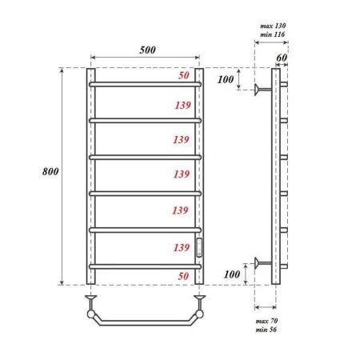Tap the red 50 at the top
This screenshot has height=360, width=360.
183,75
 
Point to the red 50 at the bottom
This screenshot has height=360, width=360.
183,275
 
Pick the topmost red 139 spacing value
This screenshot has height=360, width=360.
181,105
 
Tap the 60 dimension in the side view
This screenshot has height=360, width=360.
281,58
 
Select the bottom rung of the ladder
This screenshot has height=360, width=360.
145,266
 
